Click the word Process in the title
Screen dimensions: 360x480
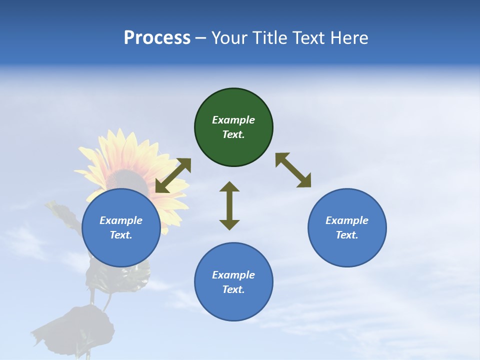(x=157, y=38)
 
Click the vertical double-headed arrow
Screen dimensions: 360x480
(x=229, y=205)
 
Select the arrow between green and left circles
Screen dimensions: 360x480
(x=173, y=175)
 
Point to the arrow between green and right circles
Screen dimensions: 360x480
(x=293, y=170)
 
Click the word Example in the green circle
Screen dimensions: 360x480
(x=233, y=120)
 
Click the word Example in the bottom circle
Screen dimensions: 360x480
(x=233, y=275)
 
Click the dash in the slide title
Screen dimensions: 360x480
(x=201, y=38)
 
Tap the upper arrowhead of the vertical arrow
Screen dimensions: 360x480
(x=229, y=186)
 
